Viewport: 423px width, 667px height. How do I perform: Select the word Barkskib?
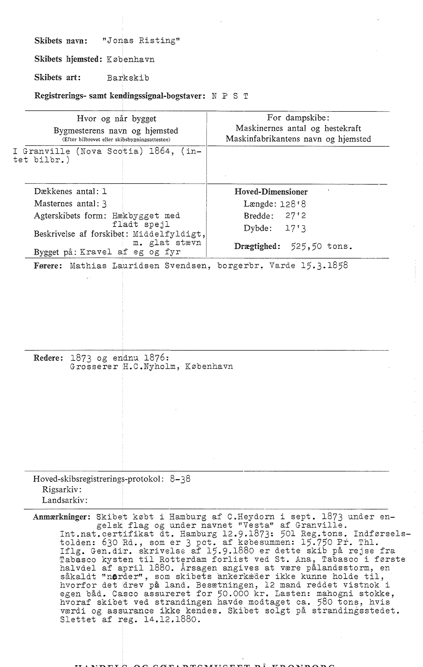[x=128, y=78]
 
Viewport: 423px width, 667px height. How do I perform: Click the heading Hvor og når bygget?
[x=116, y=119]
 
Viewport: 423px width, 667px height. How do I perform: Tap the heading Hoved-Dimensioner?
[x=271, y=192]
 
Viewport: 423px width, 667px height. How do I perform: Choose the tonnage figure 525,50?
[x=306, y=246]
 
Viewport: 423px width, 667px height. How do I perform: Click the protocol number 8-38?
[x=180, y=479]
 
